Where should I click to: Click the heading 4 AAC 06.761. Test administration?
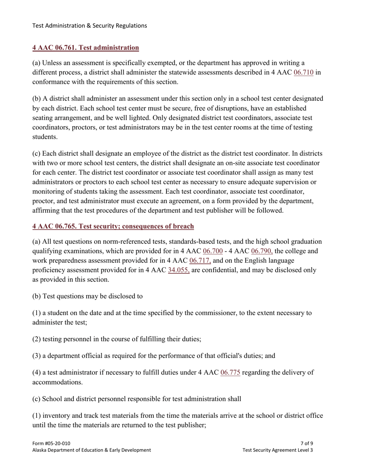click(x=85, y=47)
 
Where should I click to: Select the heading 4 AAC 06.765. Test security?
click(x=113, y=226)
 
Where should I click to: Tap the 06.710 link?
click(x=303, y=72)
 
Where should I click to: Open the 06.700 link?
click(x=212, y=251)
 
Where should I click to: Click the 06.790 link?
click(x=262, y=251)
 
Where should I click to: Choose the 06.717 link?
click(x=200, y=260)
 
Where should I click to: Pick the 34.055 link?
click(x=178, y=270)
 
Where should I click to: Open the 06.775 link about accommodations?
click(x=230, y=373)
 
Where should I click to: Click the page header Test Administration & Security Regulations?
click(x=89, y=25)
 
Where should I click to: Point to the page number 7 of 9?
click(x=307, y=443)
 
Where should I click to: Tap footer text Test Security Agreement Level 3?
click(x=277, y=450)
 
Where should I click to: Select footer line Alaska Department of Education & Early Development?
click(x=92, y=450)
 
